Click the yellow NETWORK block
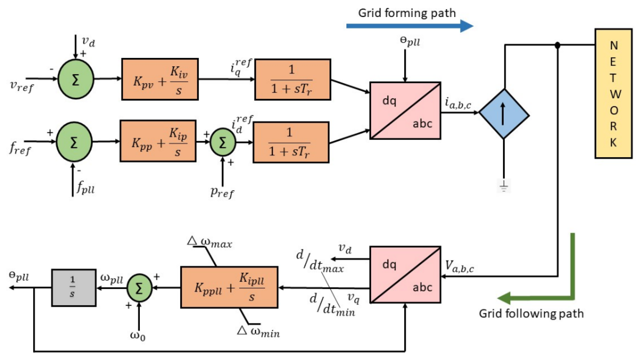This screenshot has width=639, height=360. pos(613,93)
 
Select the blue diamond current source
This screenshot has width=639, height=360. pos(504,114)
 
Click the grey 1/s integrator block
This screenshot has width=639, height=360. pos(74,288)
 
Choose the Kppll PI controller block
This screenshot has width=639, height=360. pos(229,287)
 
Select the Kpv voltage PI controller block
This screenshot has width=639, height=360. pos(160,79)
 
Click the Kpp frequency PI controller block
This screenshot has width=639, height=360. pos(158,141)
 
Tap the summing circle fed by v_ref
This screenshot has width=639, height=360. pos(76,79)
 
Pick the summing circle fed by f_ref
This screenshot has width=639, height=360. pos(74,142)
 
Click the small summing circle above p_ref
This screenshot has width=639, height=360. pos(223,142)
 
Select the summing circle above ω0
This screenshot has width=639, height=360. pos(139,288)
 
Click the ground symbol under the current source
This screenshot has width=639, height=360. pos(503,186)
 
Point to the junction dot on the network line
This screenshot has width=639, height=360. pos(557,45)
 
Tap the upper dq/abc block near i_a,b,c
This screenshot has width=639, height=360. pos(405,111)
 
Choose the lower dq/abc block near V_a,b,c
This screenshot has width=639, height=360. pos(405,275)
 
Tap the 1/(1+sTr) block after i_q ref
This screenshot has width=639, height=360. pos(293,79)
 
